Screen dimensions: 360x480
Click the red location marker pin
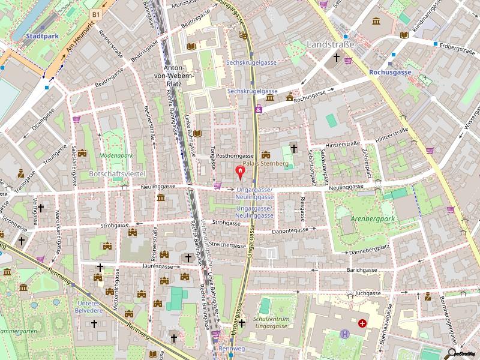241,173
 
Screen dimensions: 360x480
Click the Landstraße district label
331,44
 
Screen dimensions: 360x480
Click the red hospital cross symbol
362,323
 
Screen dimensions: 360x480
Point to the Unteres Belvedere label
88,307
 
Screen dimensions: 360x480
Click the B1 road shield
96,13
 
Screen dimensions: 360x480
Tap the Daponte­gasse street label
290,230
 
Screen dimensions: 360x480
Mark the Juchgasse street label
368,293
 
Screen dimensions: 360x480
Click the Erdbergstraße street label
457,45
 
